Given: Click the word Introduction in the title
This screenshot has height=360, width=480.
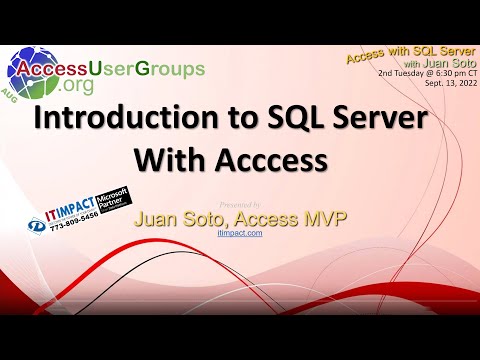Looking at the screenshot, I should (x=118, y=119).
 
